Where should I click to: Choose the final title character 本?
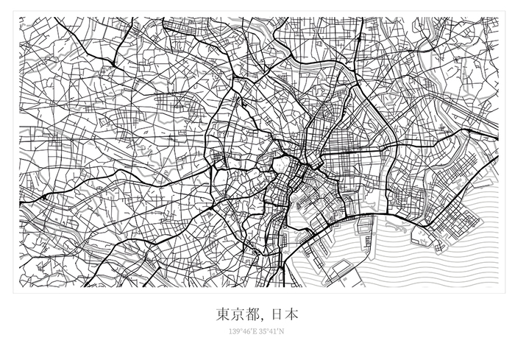(291, 314)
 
